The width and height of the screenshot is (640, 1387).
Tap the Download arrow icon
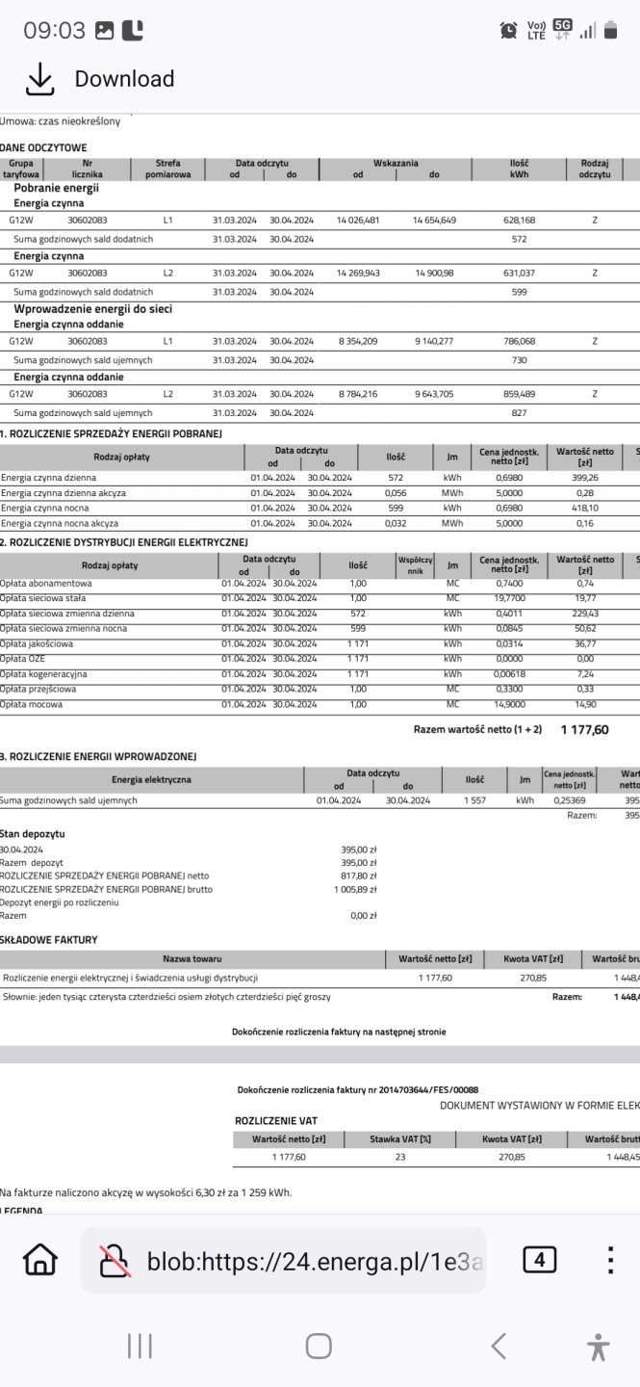point(38,80)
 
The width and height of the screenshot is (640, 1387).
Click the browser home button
point(40,1260)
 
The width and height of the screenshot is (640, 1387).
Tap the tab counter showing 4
point(540,1260)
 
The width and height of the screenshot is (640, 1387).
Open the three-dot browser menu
point(609,1260)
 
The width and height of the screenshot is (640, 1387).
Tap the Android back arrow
point(498,1346)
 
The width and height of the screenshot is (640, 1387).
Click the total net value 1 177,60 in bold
point(584,730)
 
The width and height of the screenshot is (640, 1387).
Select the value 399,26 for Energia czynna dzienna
point(585,478)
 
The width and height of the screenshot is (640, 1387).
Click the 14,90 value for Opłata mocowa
point(585,704)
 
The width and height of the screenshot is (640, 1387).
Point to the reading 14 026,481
point(358,221)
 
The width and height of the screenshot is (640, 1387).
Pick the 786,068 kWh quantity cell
point(520,341)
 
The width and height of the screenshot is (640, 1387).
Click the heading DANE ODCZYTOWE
point(44,147)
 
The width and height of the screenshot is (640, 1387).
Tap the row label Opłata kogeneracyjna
point(43,674)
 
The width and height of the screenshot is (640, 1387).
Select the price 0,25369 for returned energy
point(570,800)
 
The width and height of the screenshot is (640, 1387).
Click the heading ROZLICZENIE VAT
point(276,1121)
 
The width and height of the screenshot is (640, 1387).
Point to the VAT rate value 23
point(400,1157)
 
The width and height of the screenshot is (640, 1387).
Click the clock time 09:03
point(55,30)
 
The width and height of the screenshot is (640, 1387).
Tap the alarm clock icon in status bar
point(508,31)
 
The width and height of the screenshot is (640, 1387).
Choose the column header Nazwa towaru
point(192,958)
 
